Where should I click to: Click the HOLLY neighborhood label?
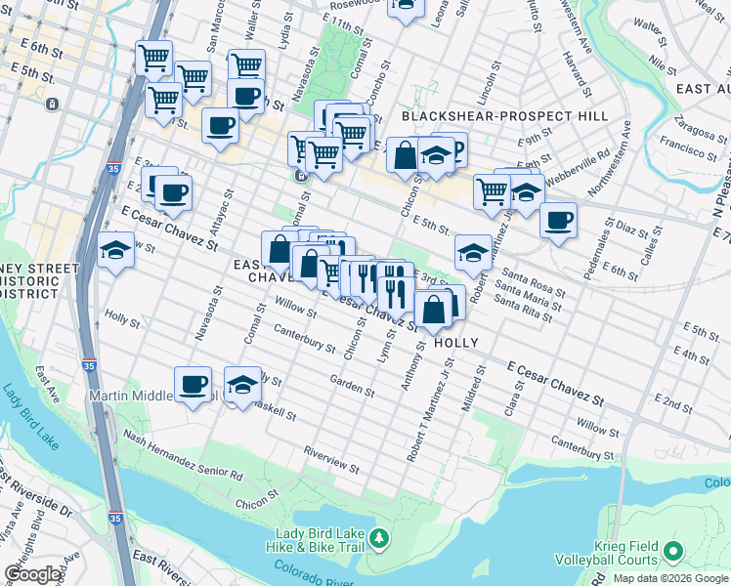[455, 343]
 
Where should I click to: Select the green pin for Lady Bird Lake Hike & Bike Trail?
[384, 537]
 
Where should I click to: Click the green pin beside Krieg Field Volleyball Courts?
[672, 553]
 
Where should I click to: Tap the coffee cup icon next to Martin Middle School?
[193, 384]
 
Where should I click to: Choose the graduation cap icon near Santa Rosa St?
[473, 255]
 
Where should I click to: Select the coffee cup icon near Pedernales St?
[558, 220]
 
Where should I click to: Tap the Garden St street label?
[353, 386]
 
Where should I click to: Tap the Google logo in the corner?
[33, 573]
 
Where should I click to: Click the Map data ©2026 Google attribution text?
[670, 578]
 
